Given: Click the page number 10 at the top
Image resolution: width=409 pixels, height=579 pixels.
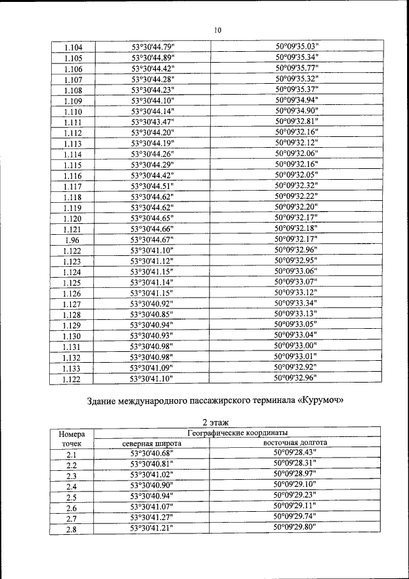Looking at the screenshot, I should point(217,29).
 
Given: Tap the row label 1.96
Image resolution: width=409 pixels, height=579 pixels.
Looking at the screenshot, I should point(72,240).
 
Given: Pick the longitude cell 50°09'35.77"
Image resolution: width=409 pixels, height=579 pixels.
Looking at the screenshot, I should point(297,68).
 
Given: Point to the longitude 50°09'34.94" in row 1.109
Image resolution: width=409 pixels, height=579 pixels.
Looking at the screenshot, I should point(297,100).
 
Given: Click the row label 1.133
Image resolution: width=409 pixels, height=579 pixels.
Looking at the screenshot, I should point(72,369).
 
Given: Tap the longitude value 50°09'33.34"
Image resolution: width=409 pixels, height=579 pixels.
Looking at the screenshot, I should point(297,303).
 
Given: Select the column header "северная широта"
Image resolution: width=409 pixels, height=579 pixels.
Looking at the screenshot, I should point(152,443).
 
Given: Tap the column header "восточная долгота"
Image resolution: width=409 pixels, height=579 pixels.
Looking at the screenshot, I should point(295,443).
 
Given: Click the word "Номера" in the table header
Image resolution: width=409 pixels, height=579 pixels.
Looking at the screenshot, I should point(72,434).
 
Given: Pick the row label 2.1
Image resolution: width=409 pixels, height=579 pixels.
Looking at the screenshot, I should point(72,454).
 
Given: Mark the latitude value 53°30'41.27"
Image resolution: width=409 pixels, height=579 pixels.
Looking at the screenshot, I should point(152,517).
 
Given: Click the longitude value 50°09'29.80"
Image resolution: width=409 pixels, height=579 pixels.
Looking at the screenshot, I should point(295,528).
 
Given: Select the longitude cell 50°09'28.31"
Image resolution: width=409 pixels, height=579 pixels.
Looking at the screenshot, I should point(295,464).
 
